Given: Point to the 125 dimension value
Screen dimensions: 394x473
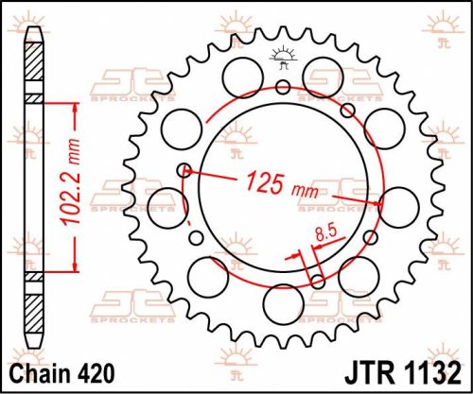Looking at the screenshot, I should click(x=266, y=181).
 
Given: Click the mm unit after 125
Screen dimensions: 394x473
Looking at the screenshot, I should click(x=305, y=190).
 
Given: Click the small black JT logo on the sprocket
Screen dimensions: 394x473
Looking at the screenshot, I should click(x=281, y=56).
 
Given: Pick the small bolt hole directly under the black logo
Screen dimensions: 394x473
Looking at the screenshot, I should click(x=282, y=88).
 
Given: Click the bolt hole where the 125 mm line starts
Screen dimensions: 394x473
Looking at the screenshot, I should click(x=185, y=171).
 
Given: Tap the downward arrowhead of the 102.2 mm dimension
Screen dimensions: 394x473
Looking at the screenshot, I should click(x=74, y=268).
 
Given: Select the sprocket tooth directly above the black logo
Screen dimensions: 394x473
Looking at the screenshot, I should click(x=281, y=33).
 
